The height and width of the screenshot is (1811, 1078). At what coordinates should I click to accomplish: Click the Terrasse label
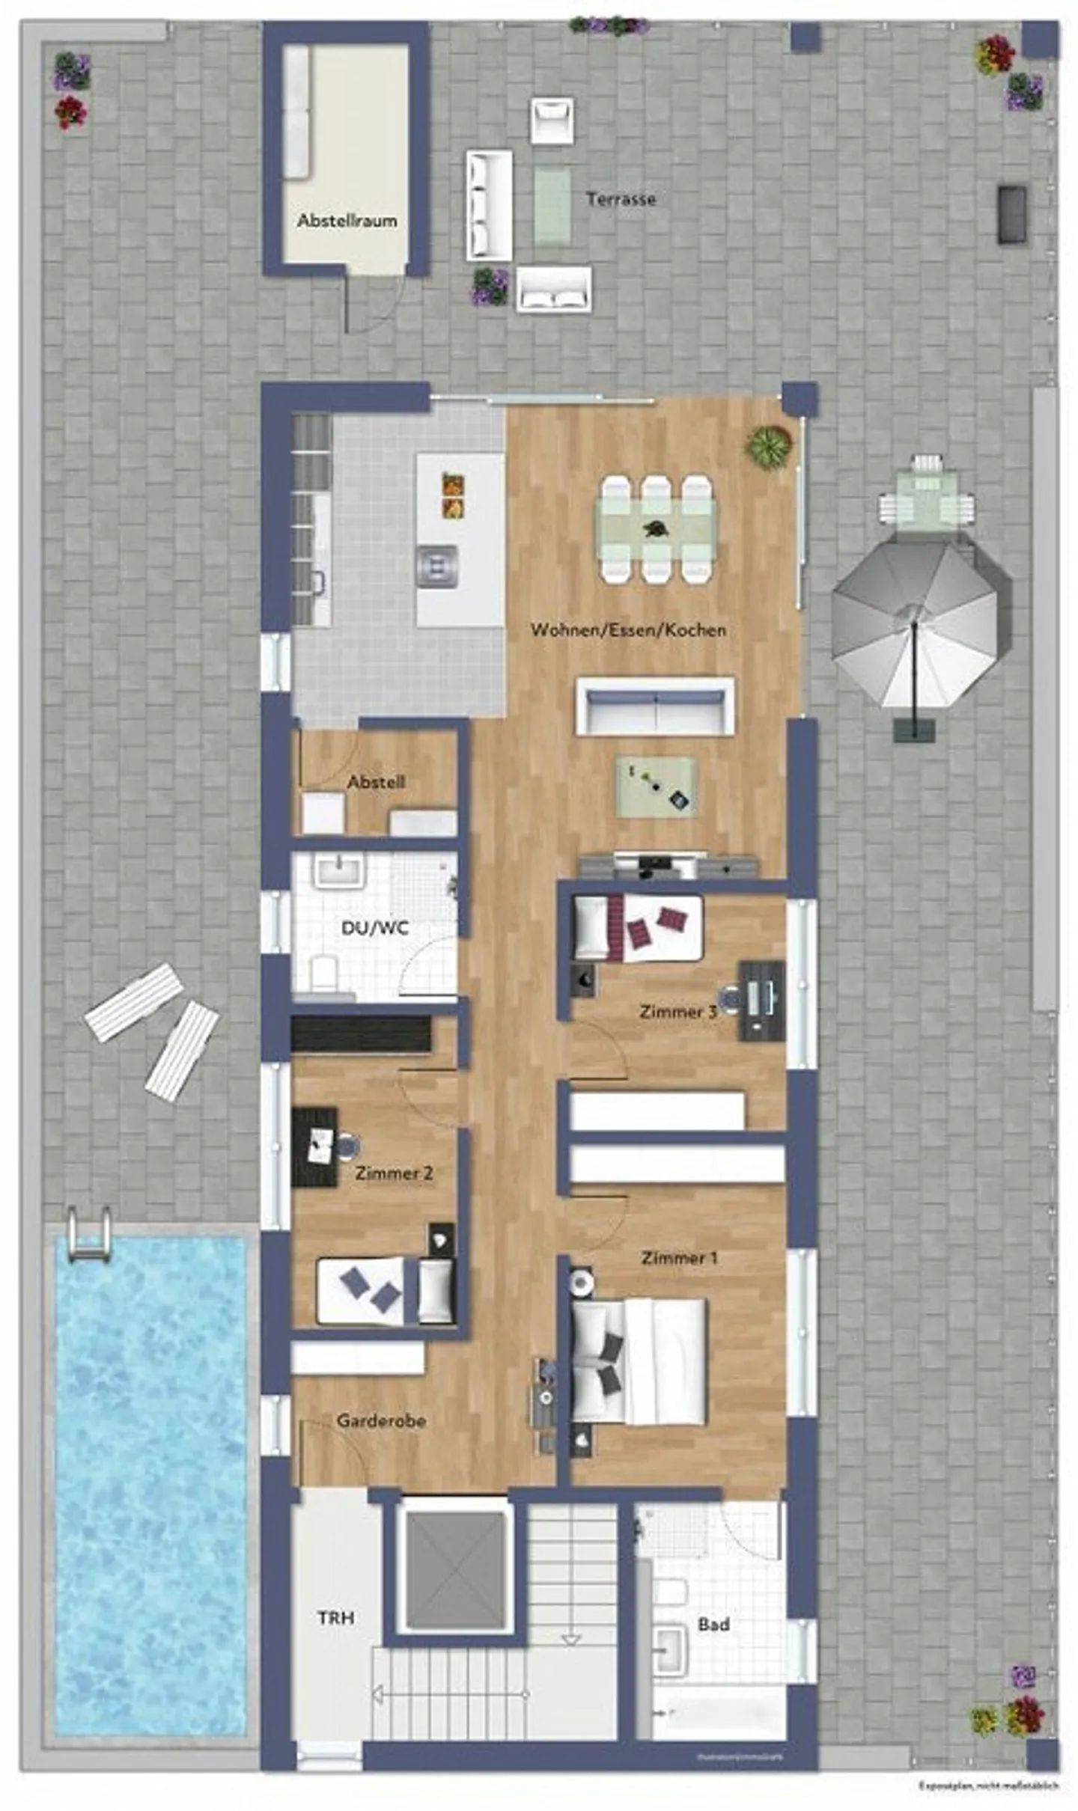[621, 199]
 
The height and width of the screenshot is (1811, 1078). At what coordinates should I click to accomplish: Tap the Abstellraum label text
[347, 221]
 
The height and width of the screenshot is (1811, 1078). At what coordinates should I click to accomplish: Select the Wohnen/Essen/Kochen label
[628, 630]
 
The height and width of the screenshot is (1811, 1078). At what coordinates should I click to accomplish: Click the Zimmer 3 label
[677, 1012]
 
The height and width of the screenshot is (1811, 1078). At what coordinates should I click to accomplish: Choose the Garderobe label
[381, 1420]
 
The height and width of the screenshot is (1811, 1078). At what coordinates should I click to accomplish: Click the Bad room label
[713, 1625]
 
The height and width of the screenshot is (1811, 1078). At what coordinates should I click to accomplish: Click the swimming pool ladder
[89, 1236]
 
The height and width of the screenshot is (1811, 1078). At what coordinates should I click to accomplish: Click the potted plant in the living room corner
[767, 446]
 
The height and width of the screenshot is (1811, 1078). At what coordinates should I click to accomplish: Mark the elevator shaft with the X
[455, 1571]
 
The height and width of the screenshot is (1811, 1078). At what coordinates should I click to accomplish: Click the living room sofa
[655, 706]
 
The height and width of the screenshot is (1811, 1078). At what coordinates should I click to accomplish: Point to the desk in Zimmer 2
[314, 1146]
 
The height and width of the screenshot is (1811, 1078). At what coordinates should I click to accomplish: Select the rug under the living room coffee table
[655, 786]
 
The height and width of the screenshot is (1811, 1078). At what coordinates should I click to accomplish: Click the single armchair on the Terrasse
[552, 120]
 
